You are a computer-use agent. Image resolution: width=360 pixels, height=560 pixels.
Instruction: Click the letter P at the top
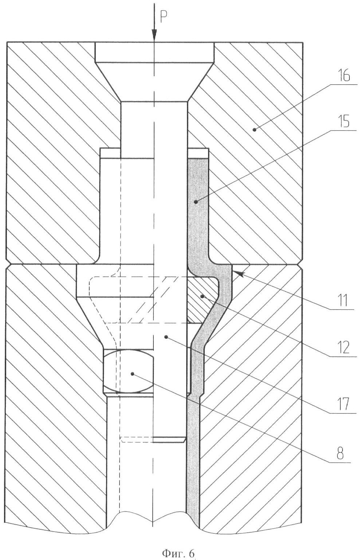[x=163, y=17]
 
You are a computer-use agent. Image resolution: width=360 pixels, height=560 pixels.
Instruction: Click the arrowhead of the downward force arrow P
[x=154, y=35]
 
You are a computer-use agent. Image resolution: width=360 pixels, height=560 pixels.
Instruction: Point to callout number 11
[x=343, y=301]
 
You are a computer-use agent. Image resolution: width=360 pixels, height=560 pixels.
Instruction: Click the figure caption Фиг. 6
[x=178, y=553]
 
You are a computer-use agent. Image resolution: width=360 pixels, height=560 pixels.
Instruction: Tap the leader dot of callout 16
[x=254, y=129]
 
